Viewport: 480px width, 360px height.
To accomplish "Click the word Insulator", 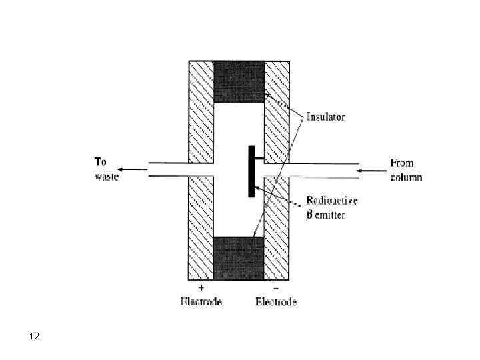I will click(325, 117).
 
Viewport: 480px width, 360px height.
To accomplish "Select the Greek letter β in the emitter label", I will click(309, 215).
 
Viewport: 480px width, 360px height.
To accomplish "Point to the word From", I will click(401, 161).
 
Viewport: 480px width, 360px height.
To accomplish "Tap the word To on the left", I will click(101, 161).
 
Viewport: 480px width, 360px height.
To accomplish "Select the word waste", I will click(105, 177).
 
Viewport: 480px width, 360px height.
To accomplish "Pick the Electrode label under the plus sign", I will click(201, 302).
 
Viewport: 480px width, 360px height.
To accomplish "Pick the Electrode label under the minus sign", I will click(276, 302).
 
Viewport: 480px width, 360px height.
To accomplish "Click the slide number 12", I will click(35, 337).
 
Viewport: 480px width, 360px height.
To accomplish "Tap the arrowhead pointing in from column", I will click(362, 170).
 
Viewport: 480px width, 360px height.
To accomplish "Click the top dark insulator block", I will click(239, 82).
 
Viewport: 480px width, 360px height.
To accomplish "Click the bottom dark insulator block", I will click(239, 257).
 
